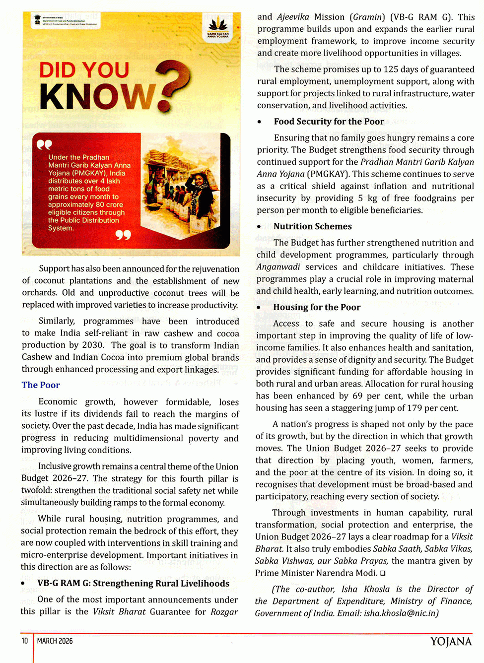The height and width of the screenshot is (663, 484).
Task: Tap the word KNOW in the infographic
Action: coord(97,96)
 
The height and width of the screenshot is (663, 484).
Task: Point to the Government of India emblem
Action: coord(37,20)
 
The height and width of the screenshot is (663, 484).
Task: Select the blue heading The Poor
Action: coord(41,385)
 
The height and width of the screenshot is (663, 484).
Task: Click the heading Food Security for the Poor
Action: coord(329,122)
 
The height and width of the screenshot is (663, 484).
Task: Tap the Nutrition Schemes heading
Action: coord(312,226)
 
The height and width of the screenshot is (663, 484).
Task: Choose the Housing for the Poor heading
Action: coord(317,307)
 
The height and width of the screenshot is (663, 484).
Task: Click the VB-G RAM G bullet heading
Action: coord(133,583)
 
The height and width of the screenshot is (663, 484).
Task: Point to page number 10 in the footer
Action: coord(25,641)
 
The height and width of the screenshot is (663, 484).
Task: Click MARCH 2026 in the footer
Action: coord(55,641)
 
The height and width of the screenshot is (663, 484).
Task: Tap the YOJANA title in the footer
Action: coord(451,642)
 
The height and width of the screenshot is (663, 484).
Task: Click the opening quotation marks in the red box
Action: coord(44,144)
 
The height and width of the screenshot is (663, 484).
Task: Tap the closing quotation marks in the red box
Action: coord(123,234)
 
